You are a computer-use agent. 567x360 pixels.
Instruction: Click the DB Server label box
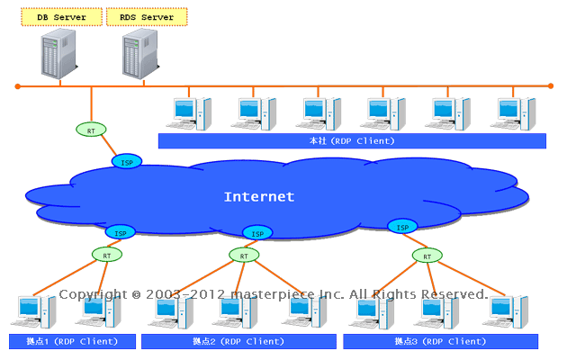tap(59, 17)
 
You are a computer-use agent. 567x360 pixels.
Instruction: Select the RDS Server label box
tap(147, 17)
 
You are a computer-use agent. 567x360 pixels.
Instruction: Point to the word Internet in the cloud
tap(259, 197)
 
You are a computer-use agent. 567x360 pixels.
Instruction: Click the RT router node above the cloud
tap(91, 130)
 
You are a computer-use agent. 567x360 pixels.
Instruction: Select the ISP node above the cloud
tap(127, 161)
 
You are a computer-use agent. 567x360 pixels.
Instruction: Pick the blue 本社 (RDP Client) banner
tap(352, 141)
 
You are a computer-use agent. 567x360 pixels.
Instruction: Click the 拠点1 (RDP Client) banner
tap(72, 342)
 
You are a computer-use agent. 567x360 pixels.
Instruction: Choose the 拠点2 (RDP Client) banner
tap(239, 342)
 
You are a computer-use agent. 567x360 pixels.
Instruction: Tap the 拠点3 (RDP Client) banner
tap(440, 342)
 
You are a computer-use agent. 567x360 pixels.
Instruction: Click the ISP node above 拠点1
tap(121, 232)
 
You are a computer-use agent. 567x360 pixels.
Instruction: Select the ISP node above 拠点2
tap(257, 233)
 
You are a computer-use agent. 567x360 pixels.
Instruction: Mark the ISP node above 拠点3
tap(403, 226)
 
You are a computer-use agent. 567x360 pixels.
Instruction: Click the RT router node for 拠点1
tap(106, 256)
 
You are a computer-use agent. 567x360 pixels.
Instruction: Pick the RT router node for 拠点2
tap(244, 256)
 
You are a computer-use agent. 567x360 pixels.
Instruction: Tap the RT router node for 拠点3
tap(427, 256)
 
